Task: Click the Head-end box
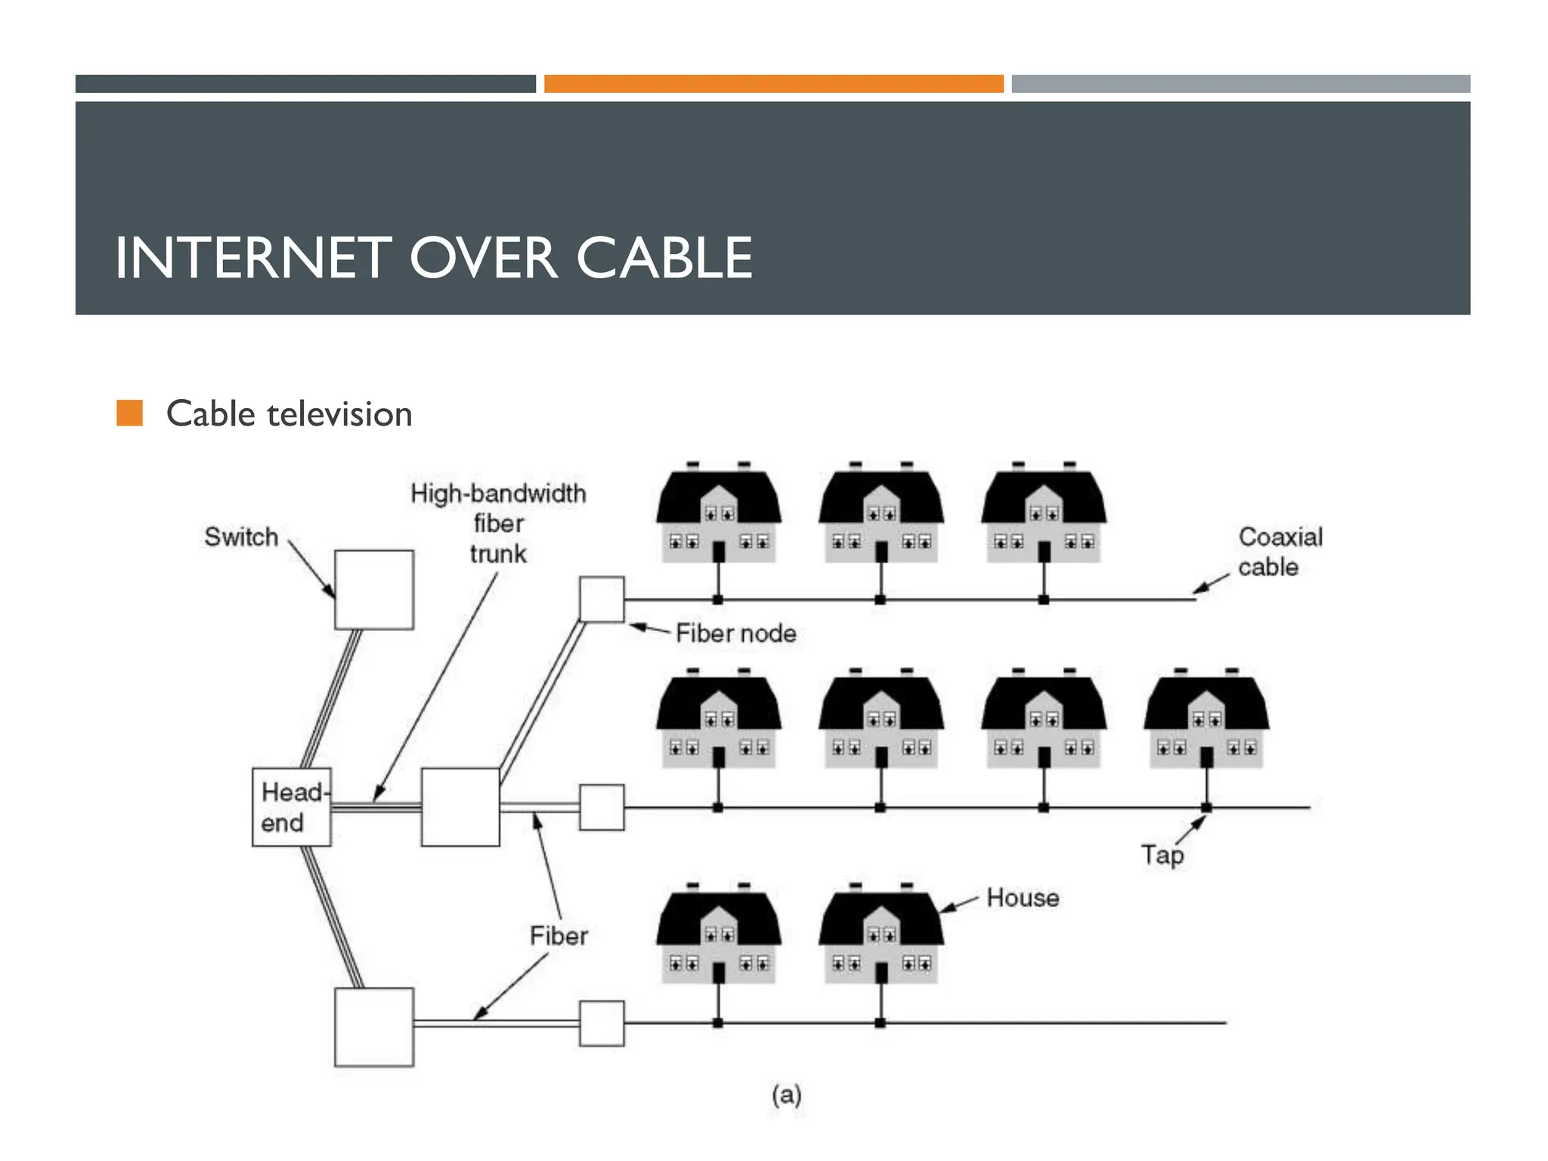tap(291, 807)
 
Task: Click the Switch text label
tap(241, 537)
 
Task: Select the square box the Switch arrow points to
tap(374, 590)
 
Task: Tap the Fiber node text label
tap(735, 633)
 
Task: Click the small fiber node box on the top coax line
tap(602, 599)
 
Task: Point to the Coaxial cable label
tap(1280, 552)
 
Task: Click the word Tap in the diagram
tap(1162, 855)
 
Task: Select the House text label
tap(1022, 897)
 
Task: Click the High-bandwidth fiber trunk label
tap(498, 523)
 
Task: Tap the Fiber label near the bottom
tap(559, 936)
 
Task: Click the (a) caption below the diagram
tap(786, 1094)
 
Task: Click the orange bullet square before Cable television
tap(129, 413)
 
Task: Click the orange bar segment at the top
tap(773, 84)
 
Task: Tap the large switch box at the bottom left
tap(374, 1026)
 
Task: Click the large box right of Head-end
tap(460, 807)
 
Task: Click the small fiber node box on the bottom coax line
tap(602, 1023)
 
